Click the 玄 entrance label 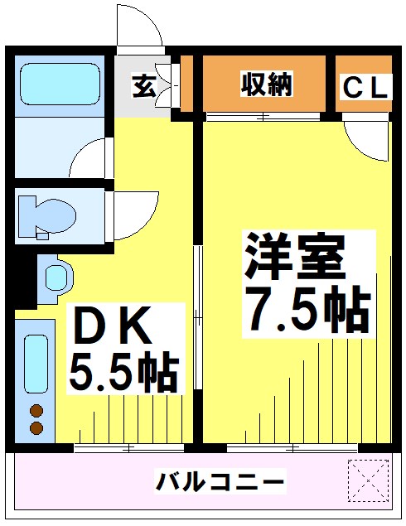[x=143, y=85]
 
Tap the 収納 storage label [x=266, y=84]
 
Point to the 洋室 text [x=292, y=258]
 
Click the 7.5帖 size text [x=306, y=310]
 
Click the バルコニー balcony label [x=220, y=480]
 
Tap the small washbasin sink [x=56, y=275]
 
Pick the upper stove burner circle [x=36, y=410]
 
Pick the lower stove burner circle [x=36, y=427]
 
